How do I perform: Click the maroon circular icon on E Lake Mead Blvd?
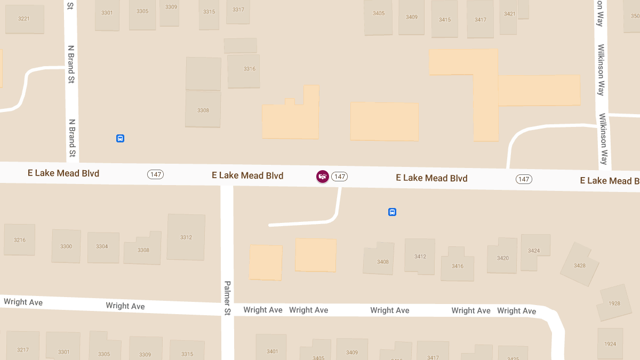(x=322, y=176)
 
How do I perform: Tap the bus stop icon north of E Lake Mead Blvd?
(x=121, y=139)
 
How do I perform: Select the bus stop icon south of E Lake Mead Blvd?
(x=392, y=212)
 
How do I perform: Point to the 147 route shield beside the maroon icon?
(x=340, y=177)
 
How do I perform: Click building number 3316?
(x=250, y=69)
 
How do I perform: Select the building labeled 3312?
(x=186, y=237)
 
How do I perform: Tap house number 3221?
(x=23, y=19)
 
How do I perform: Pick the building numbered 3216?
(x=20, y=240)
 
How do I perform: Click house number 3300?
(x=66, y=246)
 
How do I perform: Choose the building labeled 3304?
(x=102, y=246)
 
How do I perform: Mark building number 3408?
(x=383, y=262)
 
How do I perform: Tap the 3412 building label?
(x=420, y=257)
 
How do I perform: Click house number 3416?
(x=458, y=266)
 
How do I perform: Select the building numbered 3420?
(x=503, y=258)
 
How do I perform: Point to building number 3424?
(x=534, y=251)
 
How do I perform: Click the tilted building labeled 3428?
(x=580, y=266)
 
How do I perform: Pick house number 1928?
(x=614, y=303)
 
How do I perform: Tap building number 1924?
(x=611, y=344)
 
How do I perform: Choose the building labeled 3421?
(x=510, y=14)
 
